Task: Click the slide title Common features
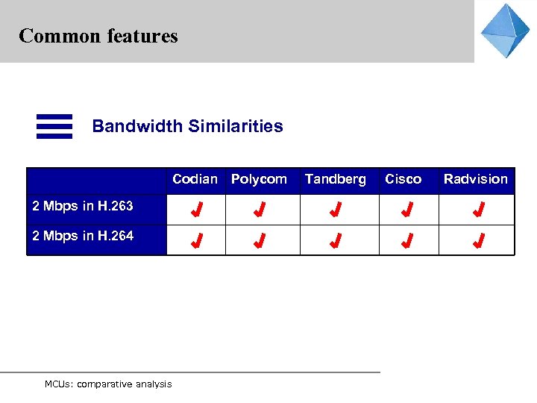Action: click(x=98, y=36)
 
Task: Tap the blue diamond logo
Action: click(x=505, y=31)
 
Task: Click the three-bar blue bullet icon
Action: click(x=54, y=126)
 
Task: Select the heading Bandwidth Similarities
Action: click(x=187, y=126)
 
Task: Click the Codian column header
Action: click(x=195, y=179)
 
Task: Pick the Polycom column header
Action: click(x=259, y=179)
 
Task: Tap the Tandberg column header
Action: click(x=336, y=179)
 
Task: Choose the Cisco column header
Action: click(x=403, y=179)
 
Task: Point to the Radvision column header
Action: click(x=475, y=179)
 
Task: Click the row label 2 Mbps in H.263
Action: click(x=83, y=206)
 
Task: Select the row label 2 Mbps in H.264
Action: click(x=83, y=236)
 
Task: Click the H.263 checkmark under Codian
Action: click(x=196, y=210)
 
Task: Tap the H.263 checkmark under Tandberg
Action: click(x=336, y=210)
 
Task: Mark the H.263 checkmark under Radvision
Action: click(x=478, y=210)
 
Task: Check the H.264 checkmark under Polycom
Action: click(x=260, y=241)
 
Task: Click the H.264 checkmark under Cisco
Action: click(x=406, y=241)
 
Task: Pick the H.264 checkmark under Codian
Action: click(x=196, y=241)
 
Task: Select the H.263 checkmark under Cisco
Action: click(x=406, y=210)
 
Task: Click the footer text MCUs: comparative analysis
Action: click(x=108, y=384)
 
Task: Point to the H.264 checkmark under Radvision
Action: click(x=478, y=241)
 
